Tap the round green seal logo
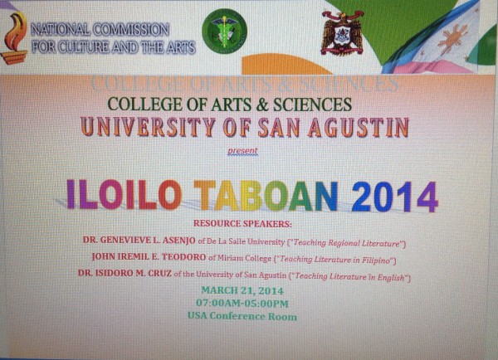point(224,32)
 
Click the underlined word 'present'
point(242,152)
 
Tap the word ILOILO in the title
point(124,196)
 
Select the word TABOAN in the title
point(266,196)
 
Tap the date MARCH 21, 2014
point(242,290)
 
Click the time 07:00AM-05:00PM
point(242,303)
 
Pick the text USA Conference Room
point(242,316)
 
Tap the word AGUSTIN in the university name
point(360,127)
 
